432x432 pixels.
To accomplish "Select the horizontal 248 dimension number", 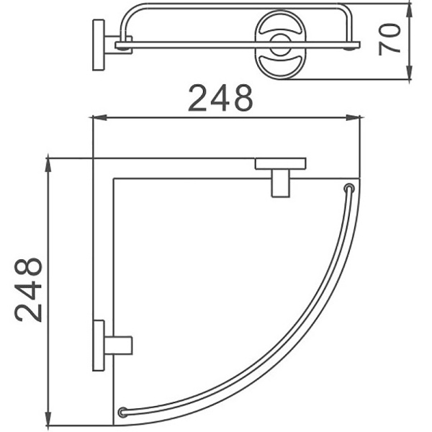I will click(x=220, y=99).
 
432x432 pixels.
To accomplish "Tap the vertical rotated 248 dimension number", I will click(x=29, y=289).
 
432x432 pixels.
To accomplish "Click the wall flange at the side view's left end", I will click(x=97, y=44).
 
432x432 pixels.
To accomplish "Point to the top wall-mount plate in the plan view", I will click(x=280, y=163).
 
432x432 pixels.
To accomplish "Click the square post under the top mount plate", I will click(x=280, y=182).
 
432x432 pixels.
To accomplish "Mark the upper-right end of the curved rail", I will click(x=349, y=189).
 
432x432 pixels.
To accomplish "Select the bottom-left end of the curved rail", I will click(x=123, y=413).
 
